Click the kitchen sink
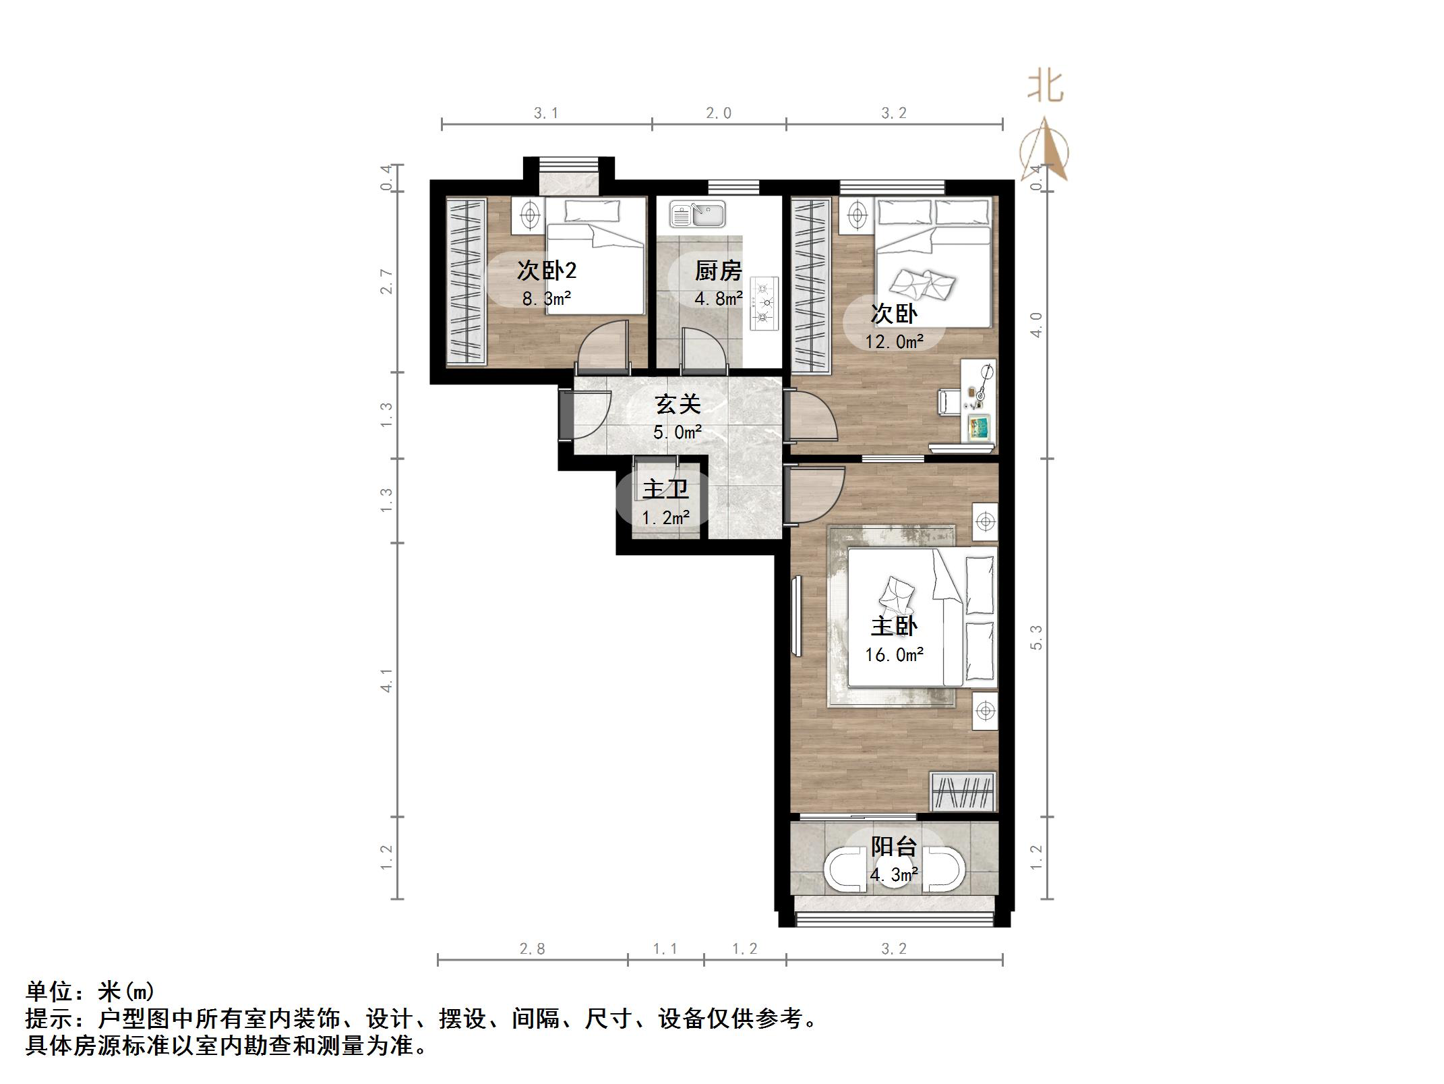[697, 215]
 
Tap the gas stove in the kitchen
[764, 304]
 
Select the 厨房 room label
[719, 271]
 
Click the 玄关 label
[678, 405]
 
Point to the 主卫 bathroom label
[665, 489]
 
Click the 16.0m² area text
[894, 655]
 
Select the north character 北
[1046, 87]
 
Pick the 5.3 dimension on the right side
[1036, 637]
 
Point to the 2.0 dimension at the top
[719, 113]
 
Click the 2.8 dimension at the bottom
[532, 949]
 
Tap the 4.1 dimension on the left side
[386, 681]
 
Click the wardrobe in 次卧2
[466, 282]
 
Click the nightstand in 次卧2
[530, 215]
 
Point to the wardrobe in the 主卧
[963, 791]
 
